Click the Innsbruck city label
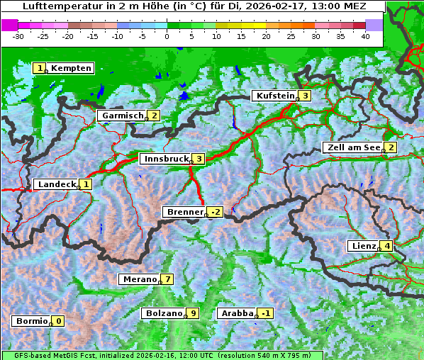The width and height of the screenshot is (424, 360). coord(164,159)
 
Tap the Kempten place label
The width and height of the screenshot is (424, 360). coord(71,68)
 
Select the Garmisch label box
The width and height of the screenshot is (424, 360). coord(122,116)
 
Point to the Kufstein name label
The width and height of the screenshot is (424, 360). coord(274,96)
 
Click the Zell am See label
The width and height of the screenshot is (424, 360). coord(352,147)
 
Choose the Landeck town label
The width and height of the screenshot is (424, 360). coord(56,184)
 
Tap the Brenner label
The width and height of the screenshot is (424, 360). coord(184,212)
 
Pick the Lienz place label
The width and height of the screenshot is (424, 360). coord(362,246)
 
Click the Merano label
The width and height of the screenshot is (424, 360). coord(139,279)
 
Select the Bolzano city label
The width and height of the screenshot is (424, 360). coord(164,313)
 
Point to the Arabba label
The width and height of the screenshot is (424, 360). coord(237,313)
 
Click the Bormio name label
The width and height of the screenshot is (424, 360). coord(30,321)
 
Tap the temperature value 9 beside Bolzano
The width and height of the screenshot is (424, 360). coord(192,313)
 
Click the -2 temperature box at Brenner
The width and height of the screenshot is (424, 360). coord(215,212)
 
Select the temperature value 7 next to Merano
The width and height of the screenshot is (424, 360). coord(167,279)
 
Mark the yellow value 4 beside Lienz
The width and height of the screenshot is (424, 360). coord(386,246)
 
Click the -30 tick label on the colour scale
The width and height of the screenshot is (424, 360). coord(18,36)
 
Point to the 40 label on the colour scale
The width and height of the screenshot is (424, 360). coord(365,36)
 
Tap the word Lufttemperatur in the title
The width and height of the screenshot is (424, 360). coord(54,6)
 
